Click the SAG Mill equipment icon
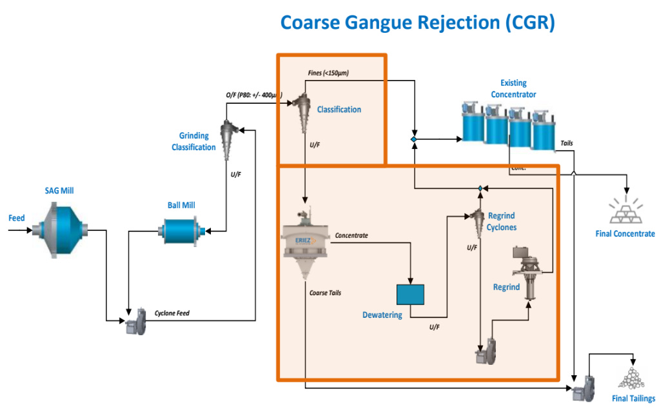(x=63, y=229)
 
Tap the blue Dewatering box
(x=411, y=294)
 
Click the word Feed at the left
(x=17, y=218)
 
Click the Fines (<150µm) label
(x=328, y=73)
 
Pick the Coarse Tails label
(x=326, y=293)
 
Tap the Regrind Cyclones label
(x=501, y=221)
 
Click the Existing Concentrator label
(x=513, y=89)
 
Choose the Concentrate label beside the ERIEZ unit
(x=351, y=235)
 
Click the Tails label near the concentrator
(x=566, y=143)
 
